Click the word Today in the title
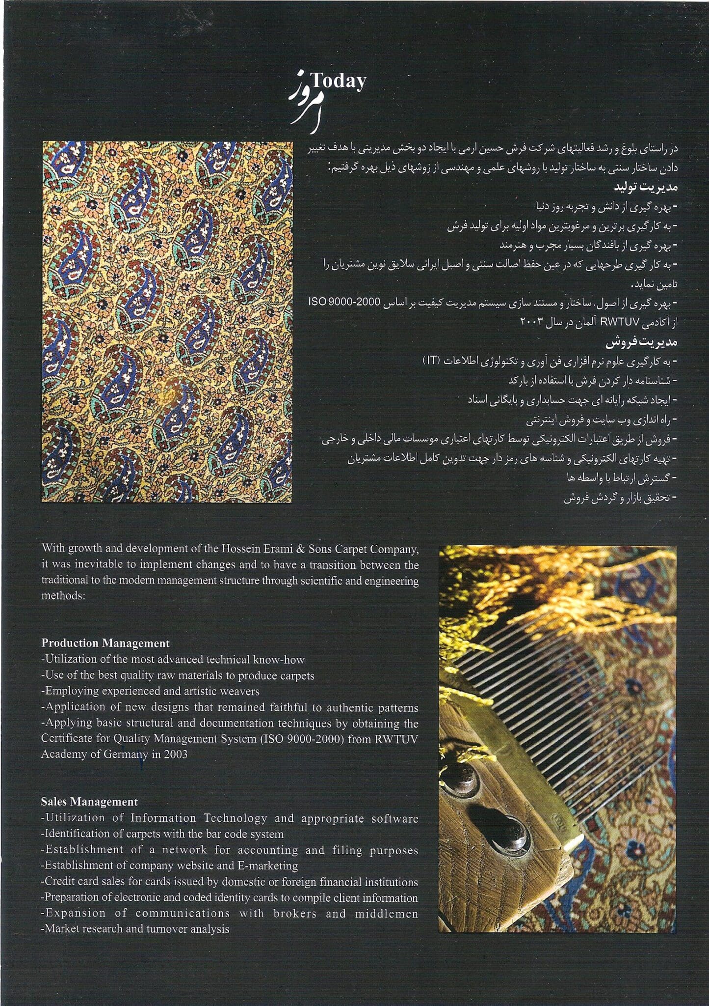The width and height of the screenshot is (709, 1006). [x=338, y=81]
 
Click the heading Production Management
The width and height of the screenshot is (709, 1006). [x=105, y=643]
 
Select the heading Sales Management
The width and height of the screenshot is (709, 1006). [x=89, y=802]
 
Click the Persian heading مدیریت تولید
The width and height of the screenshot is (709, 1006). [x=645, y=187]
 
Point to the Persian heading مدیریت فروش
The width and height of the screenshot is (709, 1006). [x=641, y=342]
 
